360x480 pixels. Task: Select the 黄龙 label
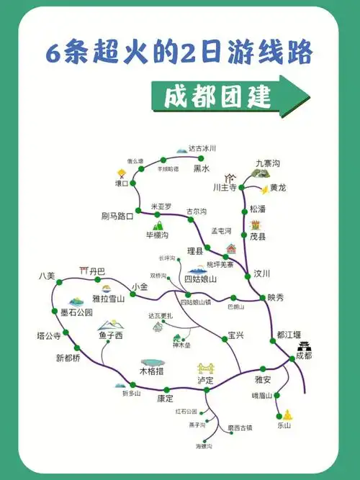click(278, 188)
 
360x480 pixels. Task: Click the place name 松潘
click(258, 209)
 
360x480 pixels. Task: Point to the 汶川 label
click(261, 273)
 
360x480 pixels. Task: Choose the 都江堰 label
click(288, 335)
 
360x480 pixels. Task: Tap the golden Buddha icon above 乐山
click(287, 415)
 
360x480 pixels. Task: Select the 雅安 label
click(263, 379)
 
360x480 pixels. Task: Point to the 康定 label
click(166, 398)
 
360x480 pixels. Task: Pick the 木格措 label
click(152, 372)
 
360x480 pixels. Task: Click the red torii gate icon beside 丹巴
click(84, 271)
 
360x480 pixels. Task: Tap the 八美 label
click(47, 276)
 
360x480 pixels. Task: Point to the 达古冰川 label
click(202, 148)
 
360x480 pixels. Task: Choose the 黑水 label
click(202, 169)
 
